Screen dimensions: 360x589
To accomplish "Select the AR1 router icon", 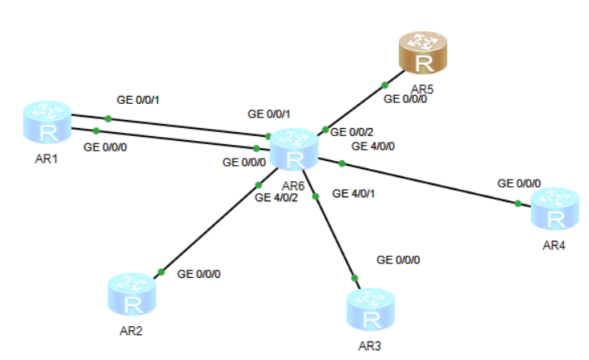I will coord(48,123).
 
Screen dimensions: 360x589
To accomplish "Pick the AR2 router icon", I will coord(132,296).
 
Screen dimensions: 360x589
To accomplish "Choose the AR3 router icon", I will coord(371,310).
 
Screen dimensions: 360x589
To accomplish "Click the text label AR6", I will coord(292,185).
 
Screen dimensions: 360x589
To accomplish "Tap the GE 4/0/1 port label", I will coord(354,194).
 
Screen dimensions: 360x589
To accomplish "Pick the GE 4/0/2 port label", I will coord(276,197).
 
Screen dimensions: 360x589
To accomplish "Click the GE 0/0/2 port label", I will coord(352,131).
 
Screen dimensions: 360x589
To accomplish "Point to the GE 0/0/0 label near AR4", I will coord(519,184).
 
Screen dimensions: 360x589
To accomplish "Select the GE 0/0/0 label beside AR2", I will coord(198,274).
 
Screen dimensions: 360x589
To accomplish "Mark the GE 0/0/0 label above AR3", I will coord(398,260).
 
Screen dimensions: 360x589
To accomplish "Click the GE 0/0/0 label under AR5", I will coord(405,100).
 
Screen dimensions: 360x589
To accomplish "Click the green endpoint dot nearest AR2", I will coord(161,271).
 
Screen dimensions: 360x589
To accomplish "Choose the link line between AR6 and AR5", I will coord(355,107).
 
